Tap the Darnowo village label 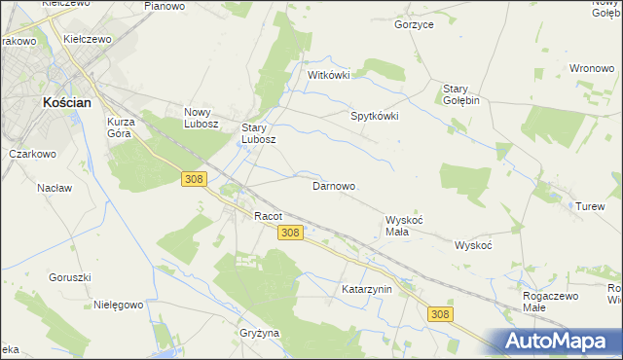tap(333, 186)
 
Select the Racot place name tap(268, 216)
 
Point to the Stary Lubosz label tap(259, 133)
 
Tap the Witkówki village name tap(328, 75)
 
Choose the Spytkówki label tap(375, 116)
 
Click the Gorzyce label tap(414, 24)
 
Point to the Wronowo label tap(591, 69)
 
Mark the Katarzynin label tap(366, 290)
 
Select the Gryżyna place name tap(259, 333)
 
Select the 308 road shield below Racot tap(290, 234)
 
